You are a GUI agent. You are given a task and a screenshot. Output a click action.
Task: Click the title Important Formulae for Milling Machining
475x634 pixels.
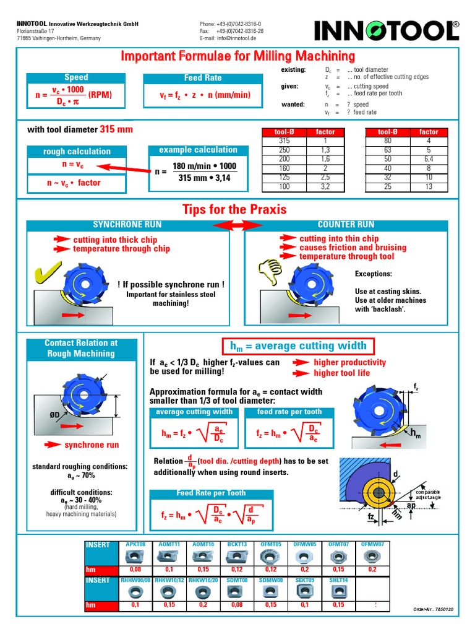237,56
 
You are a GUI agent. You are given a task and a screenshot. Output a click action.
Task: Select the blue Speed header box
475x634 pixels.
76,77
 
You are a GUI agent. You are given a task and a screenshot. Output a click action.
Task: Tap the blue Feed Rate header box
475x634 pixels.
203,78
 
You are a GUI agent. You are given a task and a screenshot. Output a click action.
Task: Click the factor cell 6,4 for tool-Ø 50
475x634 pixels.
428,158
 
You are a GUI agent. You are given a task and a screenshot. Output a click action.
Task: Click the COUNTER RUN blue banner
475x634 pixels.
345,224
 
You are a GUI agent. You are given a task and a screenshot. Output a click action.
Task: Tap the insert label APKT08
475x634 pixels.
135,545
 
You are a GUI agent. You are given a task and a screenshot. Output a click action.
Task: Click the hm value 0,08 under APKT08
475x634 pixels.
135,569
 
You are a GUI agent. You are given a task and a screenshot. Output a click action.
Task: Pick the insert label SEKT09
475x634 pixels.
305,580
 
